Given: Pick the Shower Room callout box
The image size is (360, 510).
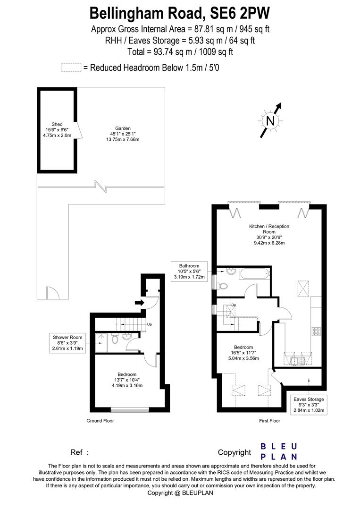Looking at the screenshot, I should coord(67,343).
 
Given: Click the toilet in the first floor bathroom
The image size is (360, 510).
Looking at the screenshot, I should coord(223,285).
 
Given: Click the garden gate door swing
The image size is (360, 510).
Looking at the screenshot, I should coord(52,293).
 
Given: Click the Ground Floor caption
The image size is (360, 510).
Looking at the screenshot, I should coord(100,420).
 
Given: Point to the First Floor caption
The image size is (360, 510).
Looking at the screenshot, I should coord(269,420).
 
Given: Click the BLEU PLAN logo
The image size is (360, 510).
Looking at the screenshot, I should coord(279,451).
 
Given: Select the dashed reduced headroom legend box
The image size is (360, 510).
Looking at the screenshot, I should coord(71,68).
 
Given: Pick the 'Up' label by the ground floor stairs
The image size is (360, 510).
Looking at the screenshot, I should coord(150,324).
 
